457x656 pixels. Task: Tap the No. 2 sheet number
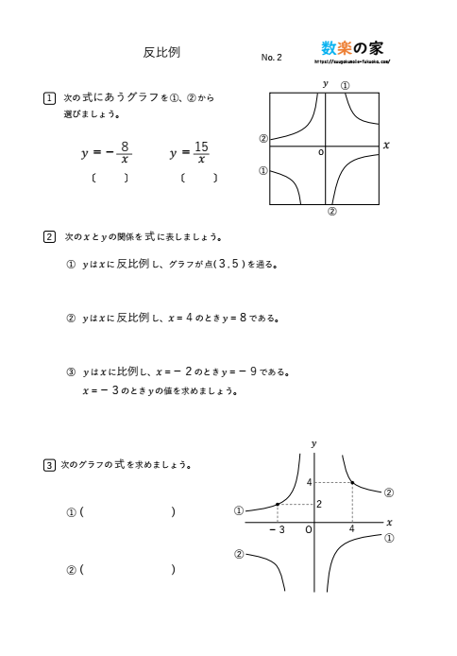click(271, 58)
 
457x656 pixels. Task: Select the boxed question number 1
click(49, 97)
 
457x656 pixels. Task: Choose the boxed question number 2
click(49, 236)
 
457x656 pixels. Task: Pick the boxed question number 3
click(49, 464)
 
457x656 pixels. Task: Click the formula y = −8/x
click(107, 152)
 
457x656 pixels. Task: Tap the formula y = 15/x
click(189, 152)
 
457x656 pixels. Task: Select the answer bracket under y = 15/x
click(198, 178)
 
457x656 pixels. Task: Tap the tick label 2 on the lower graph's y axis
click(319, 504)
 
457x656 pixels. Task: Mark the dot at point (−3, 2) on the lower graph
click(277, 505)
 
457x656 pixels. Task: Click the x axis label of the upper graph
click(386, 145)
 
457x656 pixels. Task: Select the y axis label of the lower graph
click(313, 442)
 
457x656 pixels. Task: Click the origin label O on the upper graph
click(320, 151)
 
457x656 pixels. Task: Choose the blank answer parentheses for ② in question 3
click(128, 570)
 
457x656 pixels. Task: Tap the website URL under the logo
click(351, 62)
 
